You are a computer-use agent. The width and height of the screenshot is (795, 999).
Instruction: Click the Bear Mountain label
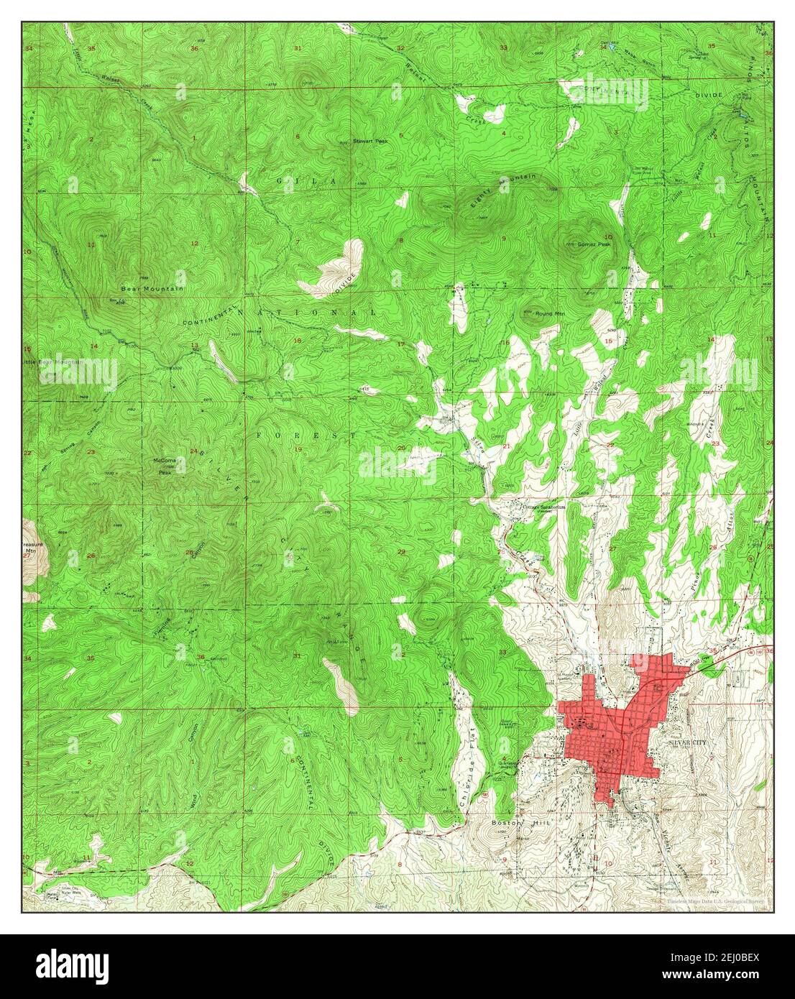coord(152,288)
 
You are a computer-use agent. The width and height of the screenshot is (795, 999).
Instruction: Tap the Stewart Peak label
coord(370,142)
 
